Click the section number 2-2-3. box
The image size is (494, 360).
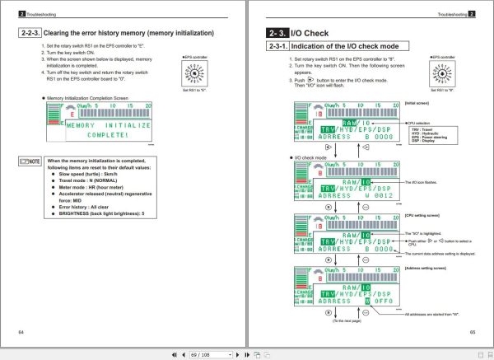pos(30,34)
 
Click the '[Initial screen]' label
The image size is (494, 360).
pos(417,102)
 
